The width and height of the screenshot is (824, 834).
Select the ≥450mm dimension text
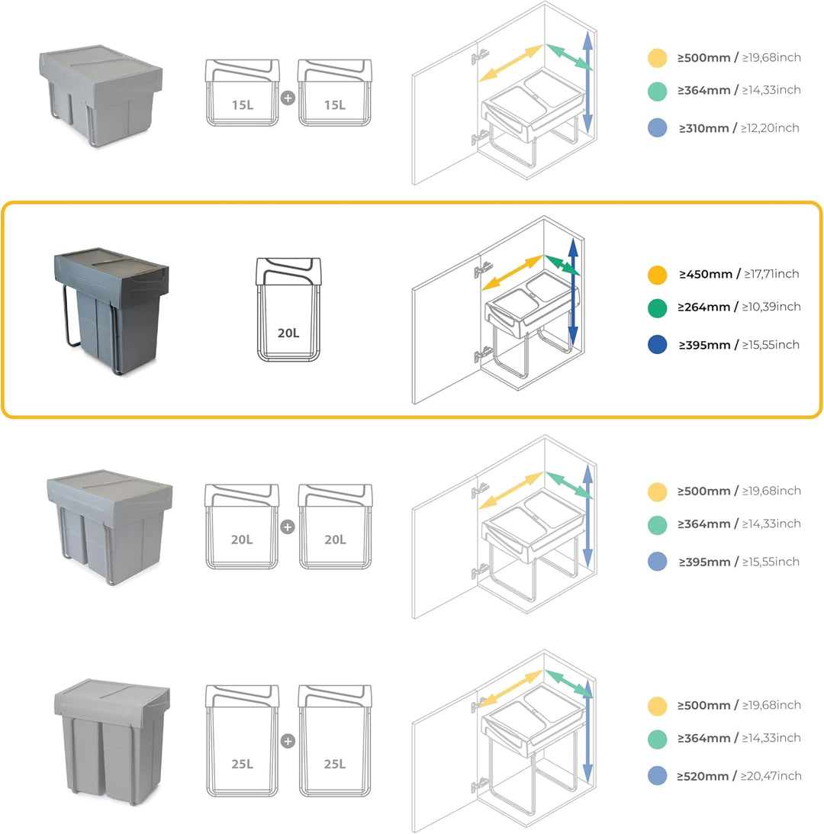pyautogui.click(x=706, y=274)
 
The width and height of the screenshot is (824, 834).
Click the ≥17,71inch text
pyautogui.click(x=771, y=274)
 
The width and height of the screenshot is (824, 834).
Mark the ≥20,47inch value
pyautogui.click(x=771, y=776)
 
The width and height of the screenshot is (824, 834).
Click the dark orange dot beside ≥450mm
pyautogui.click(x=657, y=275)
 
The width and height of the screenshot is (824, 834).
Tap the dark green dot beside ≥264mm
pyautogui.click(x=657, y=308)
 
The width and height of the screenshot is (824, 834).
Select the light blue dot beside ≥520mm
pyautogui.click(x=657, y=776)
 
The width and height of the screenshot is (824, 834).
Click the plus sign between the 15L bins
pyautogui.click(x=288, y=98)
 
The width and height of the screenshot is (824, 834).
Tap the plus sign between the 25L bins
pyautogui.click(x=288, y=740)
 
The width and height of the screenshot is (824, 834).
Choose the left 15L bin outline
pyautogui.click(x=243, y=93)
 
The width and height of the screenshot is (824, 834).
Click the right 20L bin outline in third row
pyautogui.click(x=335, y=526)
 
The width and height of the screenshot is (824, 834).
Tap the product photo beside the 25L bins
pyautogui.click(x=112, y=740)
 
